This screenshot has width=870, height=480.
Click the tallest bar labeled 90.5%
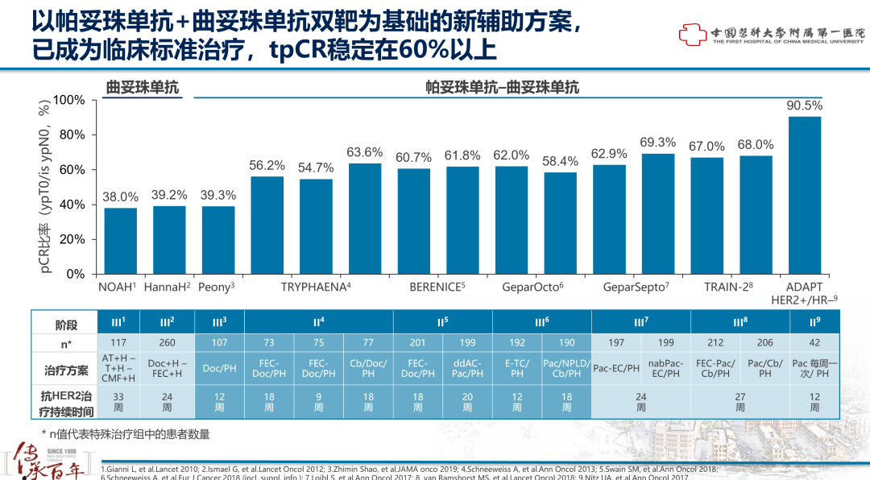[804, 195]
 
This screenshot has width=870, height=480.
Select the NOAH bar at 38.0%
[121, 241]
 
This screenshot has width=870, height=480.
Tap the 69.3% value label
[657, 143]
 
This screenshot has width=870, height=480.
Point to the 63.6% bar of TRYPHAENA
[365, 218]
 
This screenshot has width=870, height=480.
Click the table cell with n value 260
[168, 342]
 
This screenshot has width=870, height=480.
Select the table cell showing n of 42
[814, 342]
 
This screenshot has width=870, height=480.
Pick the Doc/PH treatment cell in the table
[218, 369]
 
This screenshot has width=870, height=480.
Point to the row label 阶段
[66, 324]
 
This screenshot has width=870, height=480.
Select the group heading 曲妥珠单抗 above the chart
[143, 88]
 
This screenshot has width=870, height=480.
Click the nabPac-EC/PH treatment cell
[665, 369]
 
